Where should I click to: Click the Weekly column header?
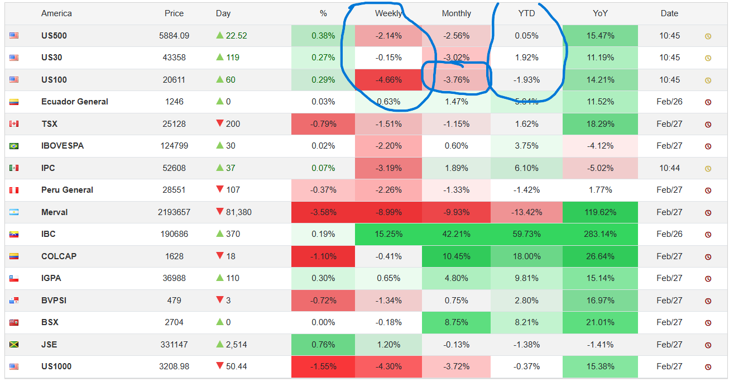pos(388,13)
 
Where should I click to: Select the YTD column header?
pos(526,13)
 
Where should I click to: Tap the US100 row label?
pos(54,80)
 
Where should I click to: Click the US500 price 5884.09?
pos(174,36)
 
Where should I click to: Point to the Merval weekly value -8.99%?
pos(388,212)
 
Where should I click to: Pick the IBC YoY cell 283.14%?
pos(600,234)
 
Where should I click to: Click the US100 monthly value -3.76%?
pos(456,80)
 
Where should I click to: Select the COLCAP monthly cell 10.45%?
pos(456,256)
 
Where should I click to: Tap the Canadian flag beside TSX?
pos(14,124)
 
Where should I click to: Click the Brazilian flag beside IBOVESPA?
pos(14,146)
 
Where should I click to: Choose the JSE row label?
pos(49,345)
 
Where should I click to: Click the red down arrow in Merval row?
pos(220,212)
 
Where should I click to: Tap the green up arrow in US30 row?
pos(220,58)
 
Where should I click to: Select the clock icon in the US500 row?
pos(708,36)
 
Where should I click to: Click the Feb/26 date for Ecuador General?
pos(669,102)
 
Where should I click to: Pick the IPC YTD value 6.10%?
pos(526,168)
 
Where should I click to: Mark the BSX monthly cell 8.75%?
pos(456,322)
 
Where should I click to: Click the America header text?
pos(56,13)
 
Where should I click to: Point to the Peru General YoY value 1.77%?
pos(600,190)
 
